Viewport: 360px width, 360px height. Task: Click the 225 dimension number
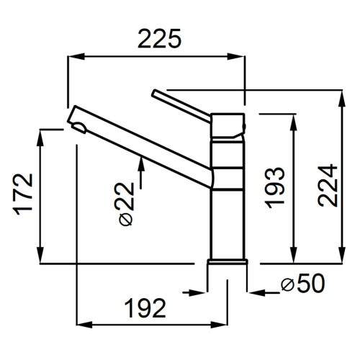(x=159, y=39)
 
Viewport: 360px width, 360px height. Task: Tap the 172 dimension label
(x=23, y=194)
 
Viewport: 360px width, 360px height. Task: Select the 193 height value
(x=274, y=187)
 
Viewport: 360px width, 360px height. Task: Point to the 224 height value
(x=328, y=185)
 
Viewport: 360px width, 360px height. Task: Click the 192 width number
(x=145, y=308)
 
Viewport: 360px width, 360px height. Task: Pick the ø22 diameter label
(x=126, y=204)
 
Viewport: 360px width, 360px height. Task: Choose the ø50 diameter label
(x=303, y=284)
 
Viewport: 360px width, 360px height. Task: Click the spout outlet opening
(x=79, y=127)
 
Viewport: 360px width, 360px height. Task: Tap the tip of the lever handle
(x=154, y=92)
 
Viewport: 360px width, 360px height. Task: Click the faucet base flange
(x=228, y=261)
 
